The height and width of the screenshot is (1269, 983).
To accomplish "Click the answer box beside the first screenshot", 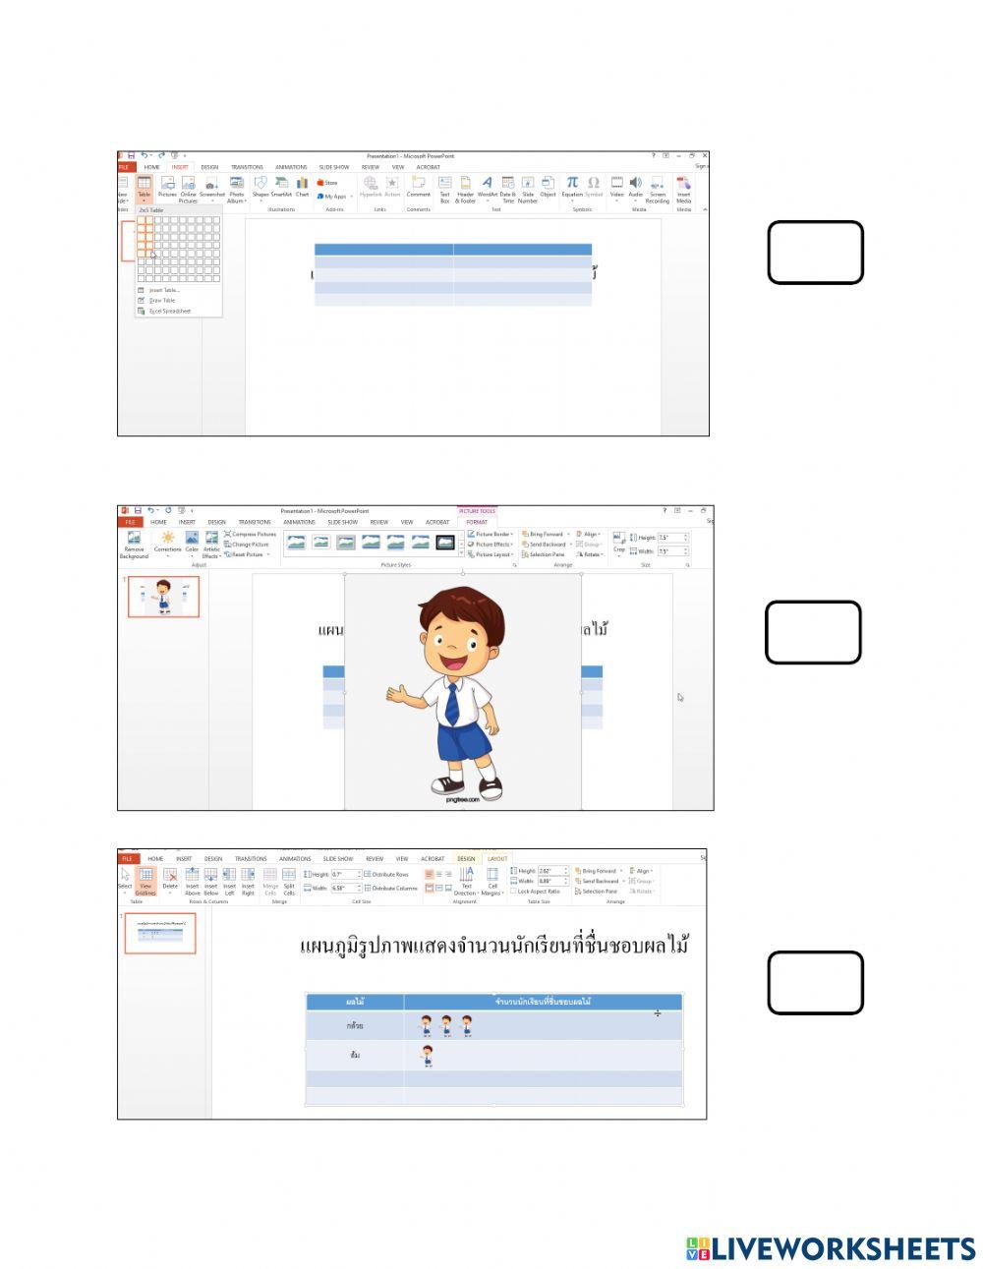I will tap(815, 253).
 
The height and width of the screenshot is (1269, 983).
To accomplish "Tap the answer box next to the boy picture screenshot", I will tap(813, 632).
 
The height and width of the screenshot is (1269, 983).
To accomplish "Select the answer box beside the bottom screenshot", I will tap(815, 982).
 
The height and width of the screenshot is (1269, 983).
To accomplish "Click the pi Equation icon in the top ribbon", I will tap(572, 183).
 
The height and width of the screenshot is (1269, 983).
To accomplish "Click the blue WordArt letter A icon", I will tap(487, 183).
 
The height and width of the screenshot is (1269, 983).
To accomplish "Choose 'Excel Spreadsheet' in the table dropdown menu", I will tap(169, 311).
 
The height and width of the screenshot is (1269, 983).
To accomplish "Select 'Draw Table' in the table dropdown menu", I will tap(161, 300).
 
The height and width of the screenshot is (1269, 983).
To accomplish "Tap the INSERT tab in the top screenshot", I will tap(180, 167).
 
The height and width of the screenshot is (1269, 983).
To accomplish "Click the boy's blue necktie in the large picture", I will tap(452, 702).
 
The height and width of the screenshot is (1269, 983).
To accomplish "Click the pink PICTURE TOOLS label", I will tap(477, 511).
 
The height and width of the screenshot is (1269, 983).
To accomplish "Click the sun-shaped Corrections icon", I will tap(168, 538).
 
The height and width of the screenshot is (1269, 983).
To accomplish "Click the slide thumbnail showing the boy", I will tap(163, 597).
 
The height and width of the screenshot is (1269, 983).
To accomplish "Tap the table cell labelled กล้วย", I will tap(355, 1025).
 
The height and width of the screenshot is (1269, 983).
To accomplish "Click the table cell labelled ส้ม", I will tap(355, 1055).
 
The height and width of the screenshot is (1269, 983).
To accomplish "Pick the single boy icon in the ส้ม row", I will tap(428, 1056).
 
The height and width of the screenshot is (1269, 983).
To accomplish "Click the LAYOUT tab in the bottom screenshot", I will tap(497, 858).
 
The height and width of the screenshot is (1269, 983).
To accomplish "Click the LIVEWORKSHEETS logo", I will tap(830, 1248).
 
